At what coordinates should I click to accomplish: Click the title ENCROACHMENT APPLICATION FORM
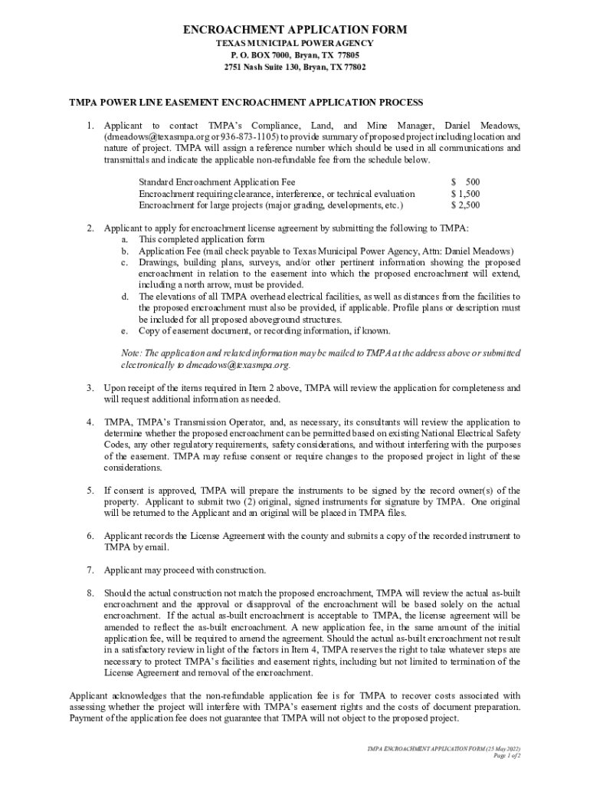coord(295,30)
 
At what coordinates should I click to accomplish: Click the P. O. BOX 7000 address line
coord(295,55)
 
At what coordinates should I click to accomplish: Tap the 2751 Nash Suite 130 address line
coord(295,67)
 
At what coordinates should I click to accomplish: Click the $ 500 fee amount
coord(466,182)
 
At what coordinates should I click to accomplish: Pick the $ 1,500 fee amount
coord(466,194)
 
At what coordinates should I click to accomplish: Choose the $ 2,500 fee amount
coord(466,205)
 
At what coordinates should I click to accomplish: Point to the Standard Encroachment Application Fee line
coord(217,182)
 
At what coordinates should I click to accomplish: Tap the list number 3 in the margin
coord(90,388)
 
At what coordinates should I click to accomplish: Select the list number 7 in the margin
coord(90,570)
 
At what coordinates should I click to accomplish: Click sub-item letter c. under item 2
coord(123,262)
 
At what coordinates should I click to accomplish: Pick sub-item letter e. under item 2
coord(123,330)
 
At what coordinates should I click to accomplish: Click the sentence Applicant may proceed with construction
coord(185,570)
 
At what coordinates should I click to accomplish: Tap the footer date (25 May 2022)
coord(500,748)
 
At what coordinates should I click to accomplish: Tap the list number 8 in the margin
coord(90,593)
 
